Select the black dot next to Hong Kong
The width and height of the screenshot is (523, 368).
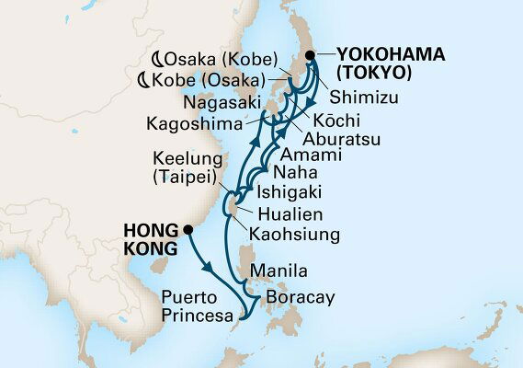coord(188,229)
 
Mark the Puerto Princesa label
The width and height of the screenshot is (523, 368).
coord(194,307)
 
